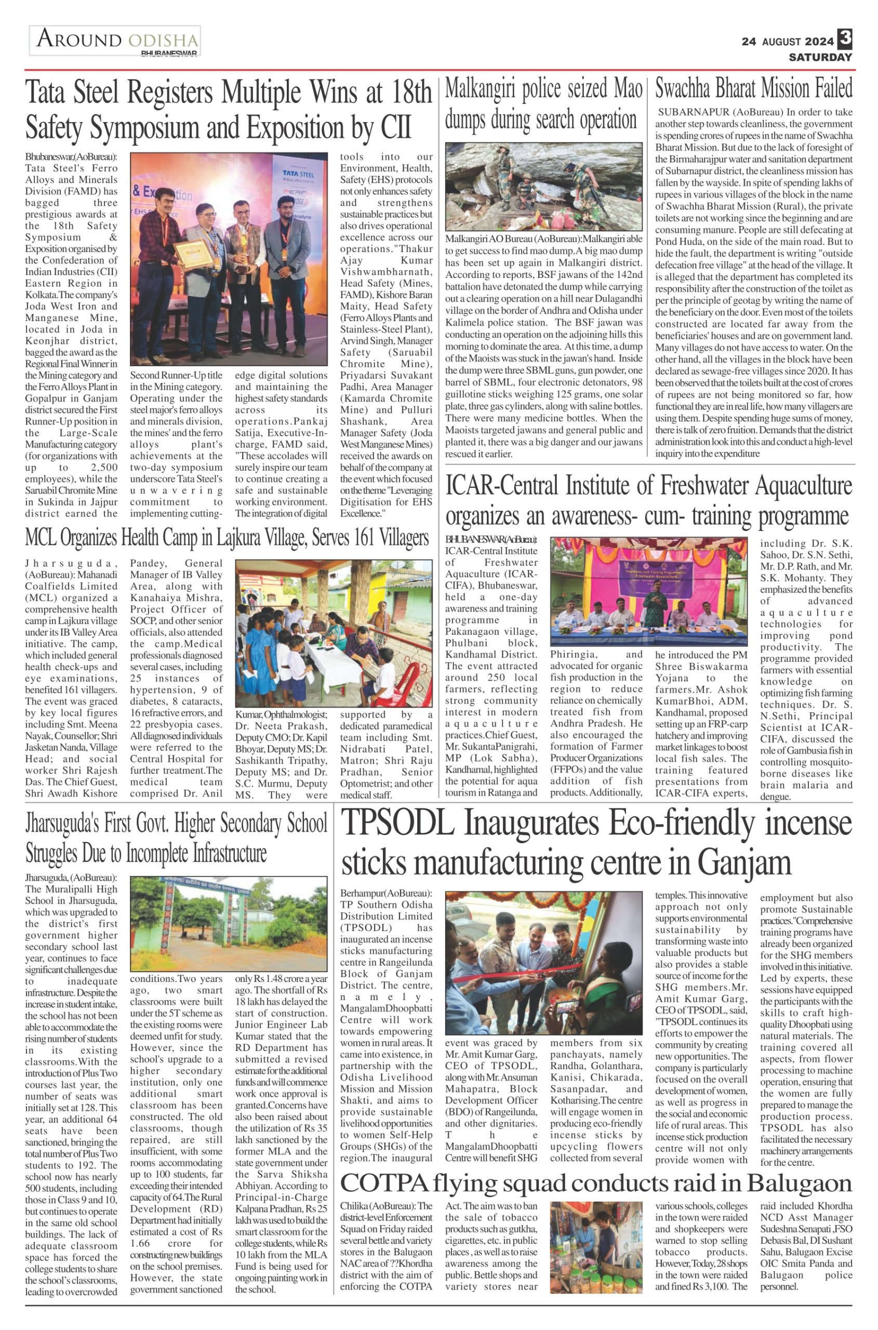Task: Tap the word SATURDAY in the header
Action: point(820,57)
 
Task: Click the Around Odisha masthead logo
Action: point(116,41)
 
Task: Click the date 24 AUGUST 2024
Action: point(787,42)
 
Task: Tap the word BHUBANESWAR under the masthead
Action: point(169,53)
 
